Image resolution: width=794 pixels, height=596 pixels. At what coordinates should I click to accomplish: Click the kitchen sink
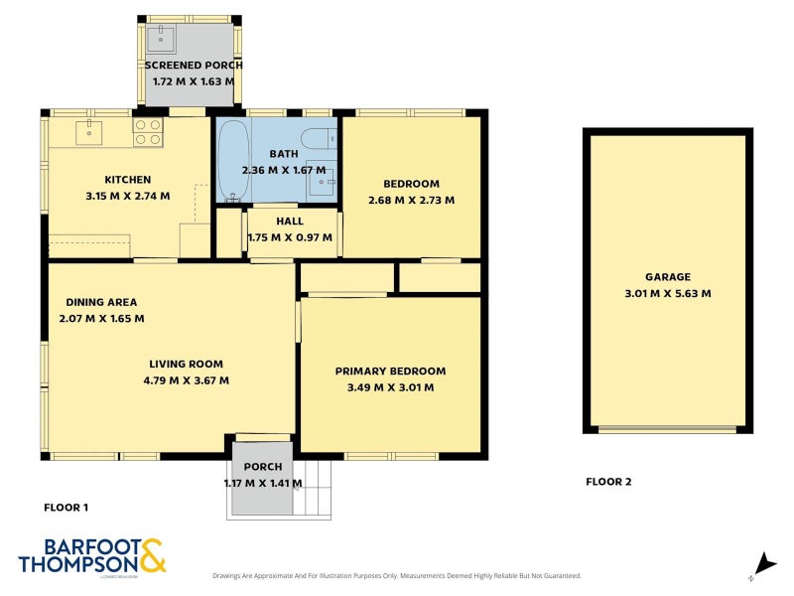point(88,131)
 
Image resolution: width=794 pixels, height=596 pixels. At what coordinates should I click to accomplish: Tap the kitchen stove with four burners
point(148,132)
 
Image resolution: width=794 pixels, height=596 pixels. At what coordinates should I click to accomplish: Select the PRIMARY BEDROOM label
point(390,371)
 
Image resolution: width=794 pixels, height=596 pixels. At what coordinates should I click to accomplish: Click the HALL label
point(291,221)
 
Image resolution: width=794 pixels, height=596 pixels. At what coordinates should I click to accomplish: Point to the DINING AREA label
point(101,302)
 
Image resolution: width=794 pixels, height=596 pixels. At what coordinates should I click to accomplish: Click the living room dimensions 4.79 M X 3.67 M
point(186,379)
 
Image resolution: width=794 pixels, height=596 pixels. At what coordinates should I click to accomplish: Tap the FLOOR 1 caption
point(66,508)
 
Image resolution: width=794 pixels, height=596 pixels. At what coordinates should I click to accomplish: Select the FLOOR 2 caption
point(608,482)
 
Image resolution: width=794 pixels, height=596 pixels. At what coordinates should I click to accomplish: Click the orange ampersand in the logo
point(152,555)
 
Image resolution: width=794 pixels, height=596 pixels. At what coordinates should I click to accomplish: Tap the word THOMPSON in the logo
point(77,563)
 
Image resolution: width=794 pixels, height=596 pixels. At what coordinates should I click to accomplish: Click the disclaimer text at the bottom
point(397,575)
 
